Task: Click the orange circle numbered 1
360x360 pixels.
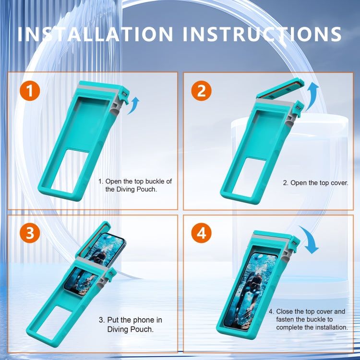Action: (30, 91)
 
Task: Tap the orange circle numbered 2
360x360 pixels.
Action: (201, 91)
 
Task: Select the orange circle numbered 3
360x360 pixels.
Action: (30, 233)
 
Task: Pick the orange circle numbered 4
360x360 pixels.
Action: (201, 233)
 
